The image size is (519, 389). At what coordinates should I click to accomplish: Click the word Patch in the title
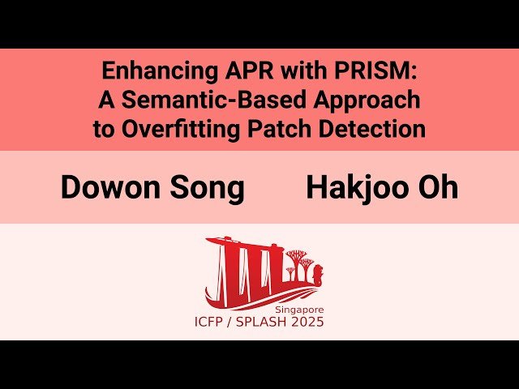click(280, 129)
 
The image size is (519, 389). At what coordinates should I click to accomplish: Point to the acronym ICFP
click(213, 323)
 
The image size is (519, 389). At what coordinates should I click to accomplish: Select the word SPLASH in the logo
click(266, 323)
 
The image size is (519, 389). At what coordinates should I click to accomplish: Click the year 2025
click(308, 323)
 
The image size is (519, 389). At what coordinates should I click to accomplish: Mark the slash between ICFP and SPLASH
click(236, 323)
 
